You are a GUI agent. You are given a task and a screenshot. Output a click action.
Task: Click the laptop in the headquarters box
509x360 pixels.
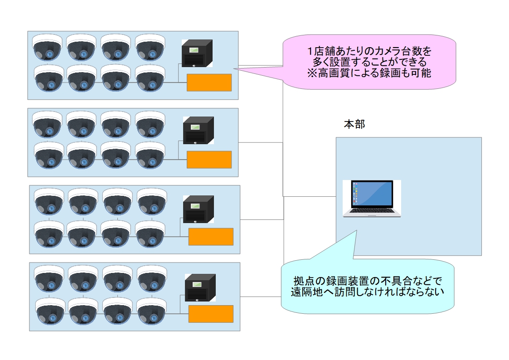tap(372, 199)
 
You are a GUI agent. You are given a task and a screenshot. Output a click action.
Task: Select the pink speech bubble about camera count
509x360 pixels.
tap(369, 61)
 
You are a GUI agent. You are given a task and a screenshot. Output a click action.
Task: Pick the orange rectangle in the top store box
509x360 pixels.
tap(209, 83)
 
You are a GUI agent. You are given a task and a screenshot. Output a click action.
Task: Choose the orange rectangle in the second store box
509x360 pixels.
tap(209, 160)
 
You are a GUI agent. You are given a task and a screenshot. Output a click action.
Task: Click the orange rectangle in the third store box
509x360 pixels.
tap(211, 237)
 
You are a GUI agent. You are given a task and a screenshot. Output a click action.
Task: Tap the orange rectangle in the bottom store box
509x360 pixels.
tap(211, 314)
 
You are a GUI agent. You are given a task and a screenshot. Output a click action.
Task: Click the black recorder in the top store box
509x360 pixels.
tap(197, 53)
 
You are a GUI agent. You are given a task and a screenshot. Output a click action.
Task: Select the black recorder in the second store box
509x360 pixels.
tap(198, 131)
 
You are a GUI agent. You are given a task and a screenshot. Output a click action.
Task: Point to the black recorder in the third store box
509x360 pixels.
tap(199, 209)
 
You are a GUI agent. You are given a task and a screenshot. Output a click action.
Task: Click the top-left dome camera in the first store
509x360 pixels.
tap(47, 47)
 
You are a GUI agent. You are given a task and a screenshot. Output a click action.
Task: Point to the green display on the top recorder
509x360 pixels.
tap(195, 49)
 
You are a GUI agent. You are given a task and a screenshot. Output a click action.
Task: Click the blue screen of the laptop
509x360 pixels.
tap(372, 194)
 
